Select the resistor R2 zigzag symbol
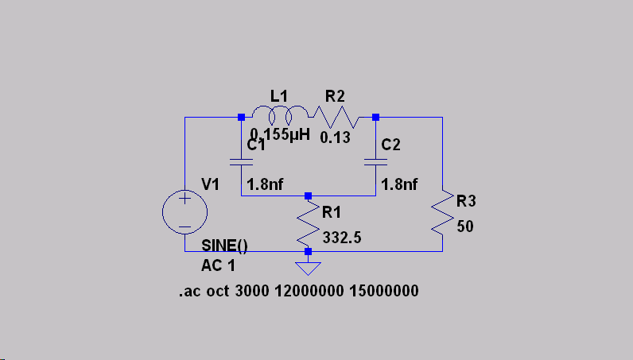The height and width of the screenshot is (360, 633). (339, 119)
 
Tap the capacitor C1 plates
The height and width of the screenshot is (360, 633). (241, 161)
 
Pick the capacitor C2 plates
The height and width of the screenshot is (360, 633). (375, 161)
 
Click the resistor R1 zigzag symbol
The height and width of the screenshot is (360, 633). (309, 227)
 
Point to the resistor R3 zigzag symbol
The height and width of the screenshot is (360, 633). (442, 214)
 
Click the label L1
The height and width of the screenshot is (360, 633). (280, 96)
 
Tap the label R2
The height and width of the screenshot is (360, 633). (335, 96)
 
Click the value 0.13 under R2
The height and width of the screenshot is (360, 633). (336, 137)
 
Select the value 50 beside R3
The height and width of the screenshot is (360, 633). (466, 226)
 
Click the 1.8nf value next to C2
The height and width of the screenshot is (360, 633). (400, 184)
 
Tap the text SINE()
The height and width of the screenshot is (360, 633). (224, 246)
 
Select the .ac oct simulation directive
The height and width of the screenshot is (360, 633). (298, 292)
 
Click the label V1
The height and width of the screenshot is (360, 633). (211, 184)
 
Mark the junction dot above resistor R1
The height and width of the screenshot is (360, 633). (309, 195)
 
